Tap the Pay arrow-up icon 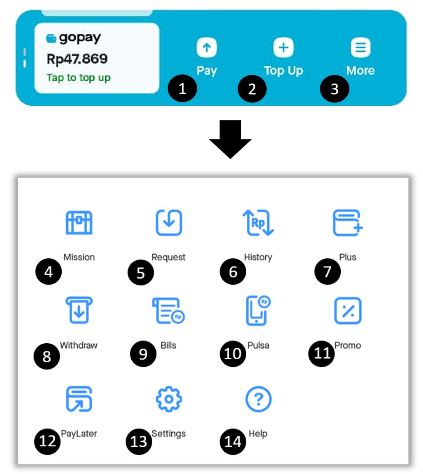pos(207,48)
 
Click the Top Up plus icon pos(283,48)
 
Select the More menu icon pos(360,48)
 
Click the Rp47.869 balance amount pos(77,59)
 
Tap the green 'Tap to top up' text pos(79,78)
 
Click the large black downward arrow pos(230,139)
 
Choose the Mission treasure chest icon pos(79,223)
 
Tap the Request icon pos(169,222)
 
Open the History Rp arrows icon pos(258,222)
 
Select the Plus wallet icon pos(348,223)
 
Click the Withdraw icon pos(79,310)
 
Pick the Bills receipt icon pos(169,311)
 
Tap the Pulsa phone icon pos(258,311)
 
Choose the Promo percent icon pos(348,311)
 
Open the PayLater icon pos(79,399)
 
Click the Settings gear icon pos(169,399)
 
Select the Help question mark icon pos(259,399)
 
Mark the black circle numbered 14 pos(233,442)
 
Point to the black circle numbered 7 pos(328,272)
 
